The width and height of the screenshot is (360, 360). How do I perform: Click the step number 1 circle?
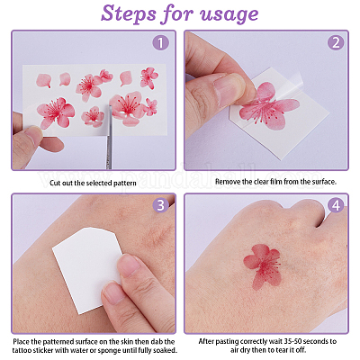(x=161, y=42)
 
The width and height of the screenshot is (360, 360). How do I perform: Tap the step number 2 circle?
(x=336, y=42)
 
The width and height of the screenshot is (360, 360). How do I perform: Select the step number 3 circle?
(x=161, y=206)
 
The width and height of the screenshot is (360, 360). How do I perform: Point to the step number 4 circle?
(x=336, y=206)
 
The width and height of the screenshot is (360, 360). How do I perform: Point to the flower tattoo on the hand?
(x=263, y=266)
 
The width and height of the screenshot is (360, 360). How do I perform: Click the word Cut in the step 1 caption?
(x=55, y=183)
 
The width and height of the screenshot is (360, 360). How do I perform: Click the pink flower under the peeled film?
(x=268, y=105)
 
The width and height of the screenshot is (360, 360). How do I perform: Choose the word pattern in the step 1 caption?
(x=124, y=183)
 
